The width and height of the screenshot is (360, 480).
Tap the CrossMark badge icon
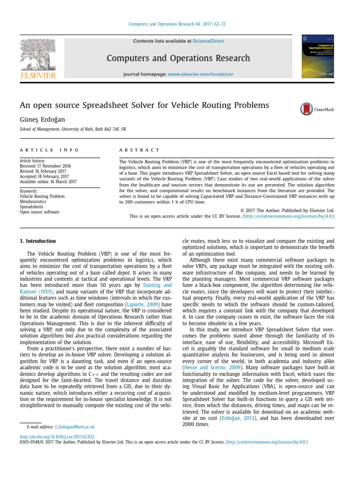(307, 109)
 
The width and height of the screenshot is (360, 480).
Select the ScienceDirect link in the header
(209, 41)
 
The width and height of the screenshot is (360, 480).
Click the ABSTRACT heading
(139, 150)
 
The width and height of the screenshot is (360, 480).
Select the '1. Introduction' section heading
(37, 241)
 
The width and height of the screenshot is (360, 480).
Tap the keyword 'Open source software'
(39, 212)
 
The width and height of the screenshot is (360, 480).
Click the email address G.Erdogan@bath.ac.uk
(75, 427)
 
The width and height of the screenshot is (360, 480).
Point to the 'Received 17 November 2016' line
(45, 166)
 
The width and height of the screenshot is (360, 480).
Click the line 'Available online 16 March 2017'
(48, 181)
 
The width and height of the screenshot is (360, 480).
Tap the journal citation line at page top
(180, 24)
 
